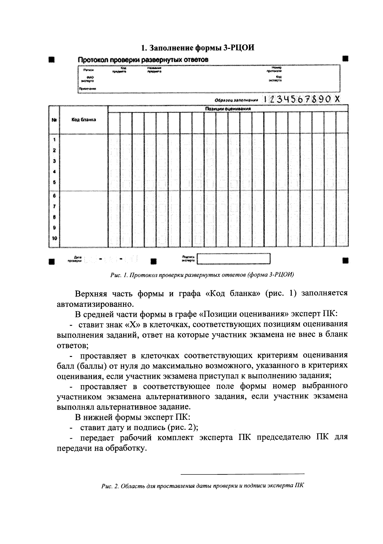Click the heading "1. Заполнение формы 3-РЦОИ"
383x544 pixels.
198,48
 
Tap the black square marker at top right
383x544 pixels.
345,59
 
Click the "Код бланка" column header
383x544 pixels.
84,120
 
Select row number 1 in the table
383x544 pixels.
54,140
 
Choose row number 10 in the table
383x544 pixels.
54,238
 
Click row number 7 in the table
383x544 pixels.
54,206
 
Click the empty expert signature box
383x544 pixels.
233,259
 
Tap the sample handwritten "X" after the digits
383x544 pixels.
337,99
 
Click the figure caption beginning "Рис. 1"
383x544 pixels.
202,275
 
